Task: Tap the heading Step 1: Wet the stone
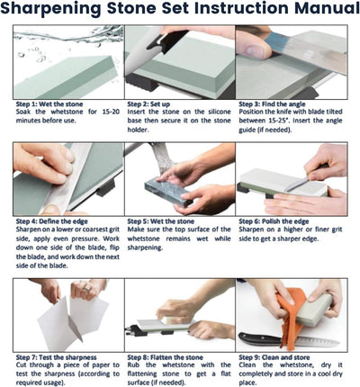coord(49,104)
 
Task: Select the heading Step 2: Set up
coord(148,104)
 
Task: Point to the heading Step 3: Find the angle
coord(272,104)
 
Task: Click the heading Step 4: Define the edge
coord(52,221)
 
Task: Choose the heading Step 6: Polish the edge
coord(274,221)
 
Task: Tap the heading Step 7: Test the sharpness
coord(57,357)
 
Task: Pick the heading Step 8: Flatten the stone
coord(166,357)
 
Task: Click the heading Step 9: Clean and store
coord(274,357)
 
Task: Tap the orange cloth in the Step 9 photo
coord(289,315)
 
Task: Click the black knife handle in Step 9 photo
coord(260,338)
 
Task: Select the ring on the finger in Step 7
coord(86,290)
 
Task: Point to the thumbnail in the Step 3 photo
coord(254,48)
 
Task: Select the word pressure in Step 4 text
coord(85,239)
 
